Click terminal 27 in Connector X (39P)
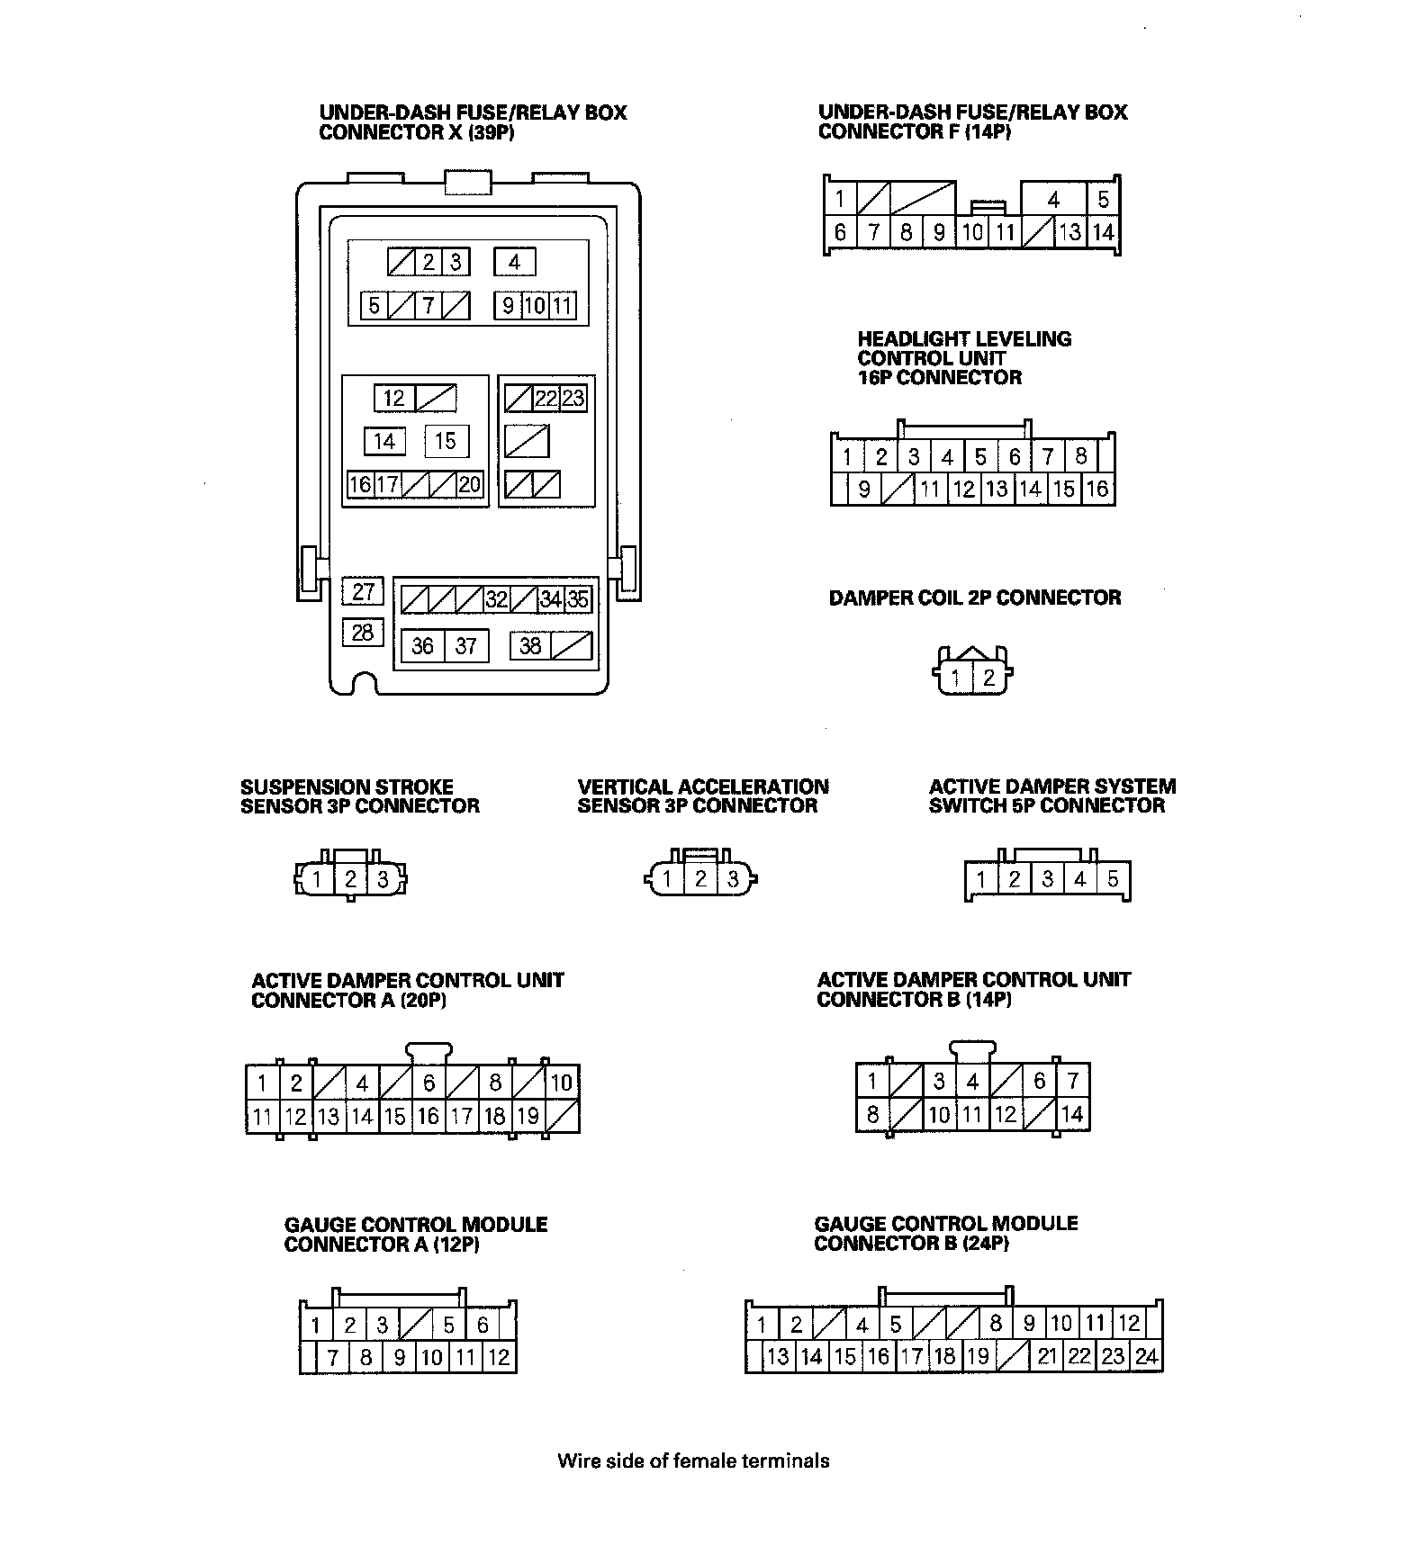pos(363,591)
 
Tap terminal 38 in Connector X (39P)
pos(530,645)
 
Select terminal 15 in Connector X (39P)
pos(446,441)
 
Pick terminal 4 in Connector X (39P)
pos(514,262)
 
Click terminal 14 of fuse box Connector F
pos(1103,232)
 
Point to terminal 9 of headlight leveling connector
pos(864,490)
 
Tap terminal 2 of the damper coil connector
pos(988,678)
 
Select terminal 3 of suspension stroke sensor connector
pos(383,879)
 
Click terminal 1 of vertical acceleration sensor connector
pos(667,879)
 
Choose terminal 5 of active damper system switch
pos(1113,878)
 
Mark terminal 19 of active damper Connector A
pos(528,1116)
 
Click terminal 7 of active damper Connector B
pos(1072,1081)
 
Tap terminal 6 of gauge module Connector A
pos(483,1325)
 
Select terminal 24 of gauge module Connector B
pos(1146,1356)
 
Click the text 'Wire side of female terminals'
pos(693,1461)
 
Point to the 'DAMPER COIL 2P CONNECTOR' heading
pos(975,598)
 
